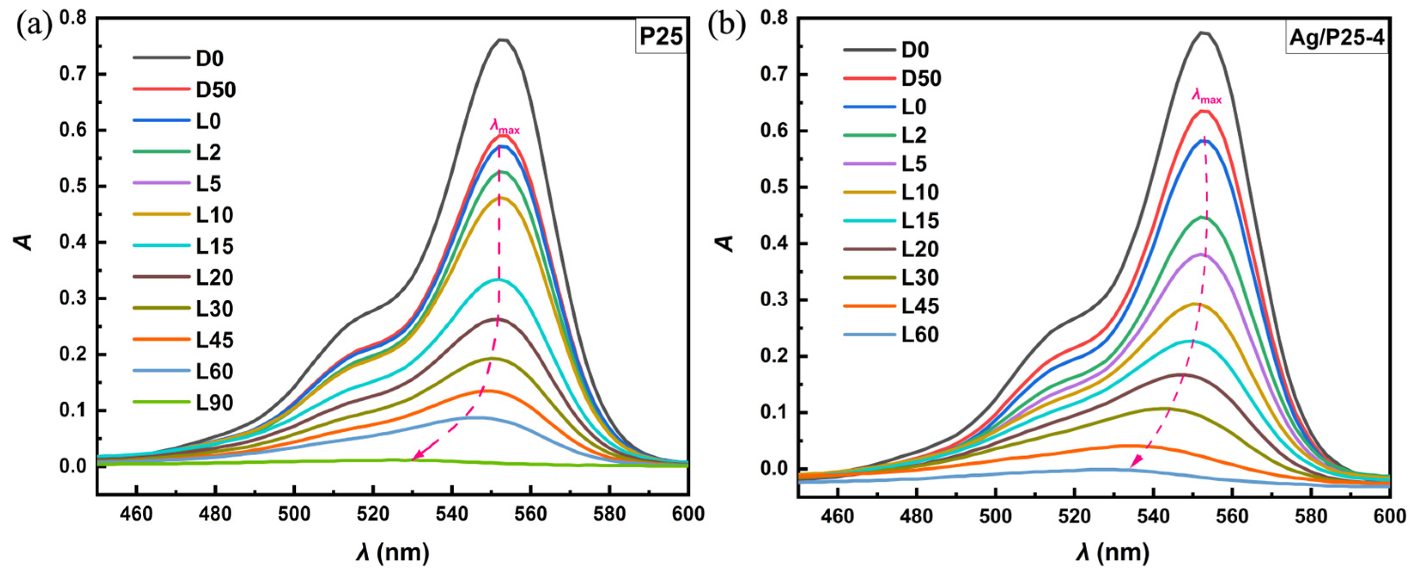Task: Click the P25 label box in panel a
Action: point(661,37)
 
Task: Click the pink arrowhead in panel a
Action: point(416,457)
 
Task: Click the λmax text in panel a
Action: point(504,128)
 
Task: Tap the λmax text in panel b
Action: point(1207,97)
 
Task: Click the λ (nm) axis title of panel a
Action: point(392,552)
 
